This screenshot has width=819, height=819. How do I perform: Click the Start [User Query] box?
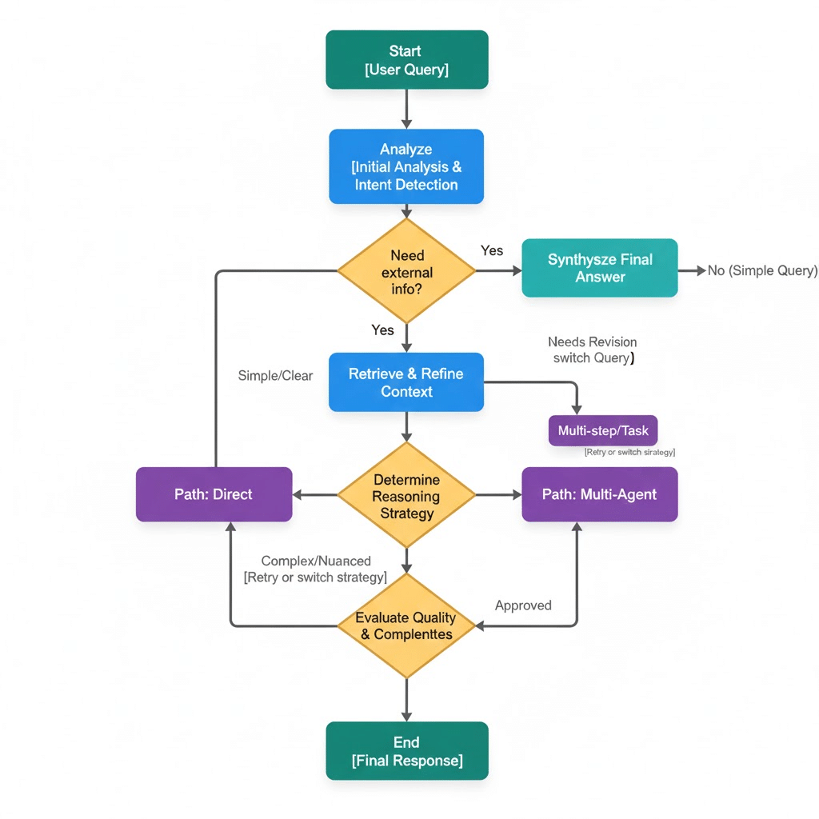(406, 60)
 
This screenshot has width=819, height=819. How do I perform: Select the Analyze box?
(406, 166)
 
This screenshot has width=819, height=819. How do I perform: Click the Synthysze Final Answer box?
(600, 268)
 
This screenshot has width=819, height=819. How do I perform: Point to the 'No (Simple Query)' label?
(762, 270)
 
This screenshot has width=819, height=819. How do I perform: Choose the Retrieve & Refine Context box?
(406, 382)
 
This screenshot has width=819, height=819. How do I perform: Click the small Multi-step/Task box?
(603, 431)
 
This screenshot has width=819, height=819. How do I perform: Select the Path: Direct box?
(214, 494)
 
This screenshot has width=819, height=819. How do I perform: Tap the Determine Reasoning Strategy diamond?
(406, 496)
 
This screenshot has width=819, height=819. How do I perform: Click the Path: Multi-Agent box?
(600, 494)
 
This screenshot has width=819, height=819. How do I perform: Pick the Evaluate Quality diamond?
(406, 625)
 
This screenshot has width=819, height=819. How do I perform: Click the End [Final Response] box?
(406, 751)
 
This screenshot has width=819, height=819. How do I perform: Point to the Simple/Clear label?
(275, 376)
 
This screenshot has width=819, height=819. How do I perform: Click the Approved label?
(523, 605)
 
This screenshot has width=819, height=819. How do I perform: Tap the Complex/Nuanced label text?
(316, 561)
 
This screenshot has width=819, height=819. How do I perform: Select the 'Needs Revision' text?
(593, 342)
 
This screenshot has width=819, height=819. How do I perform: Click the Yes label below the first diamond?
(383, 330)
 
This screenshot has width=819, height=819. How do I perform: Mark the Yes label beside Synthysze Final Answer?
(492, 250)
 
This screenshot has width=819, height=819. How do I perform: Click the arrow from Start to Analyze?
(406, 108)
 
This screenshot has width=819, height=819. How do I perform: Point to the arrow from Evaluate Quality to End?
(406, 699)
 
